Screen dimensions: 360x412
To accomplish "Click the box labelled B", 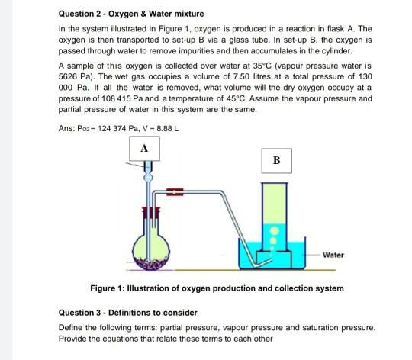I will pos(275,162).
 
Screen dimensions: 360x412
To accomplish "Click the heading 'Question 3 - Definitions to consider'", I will pos(128,312).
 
